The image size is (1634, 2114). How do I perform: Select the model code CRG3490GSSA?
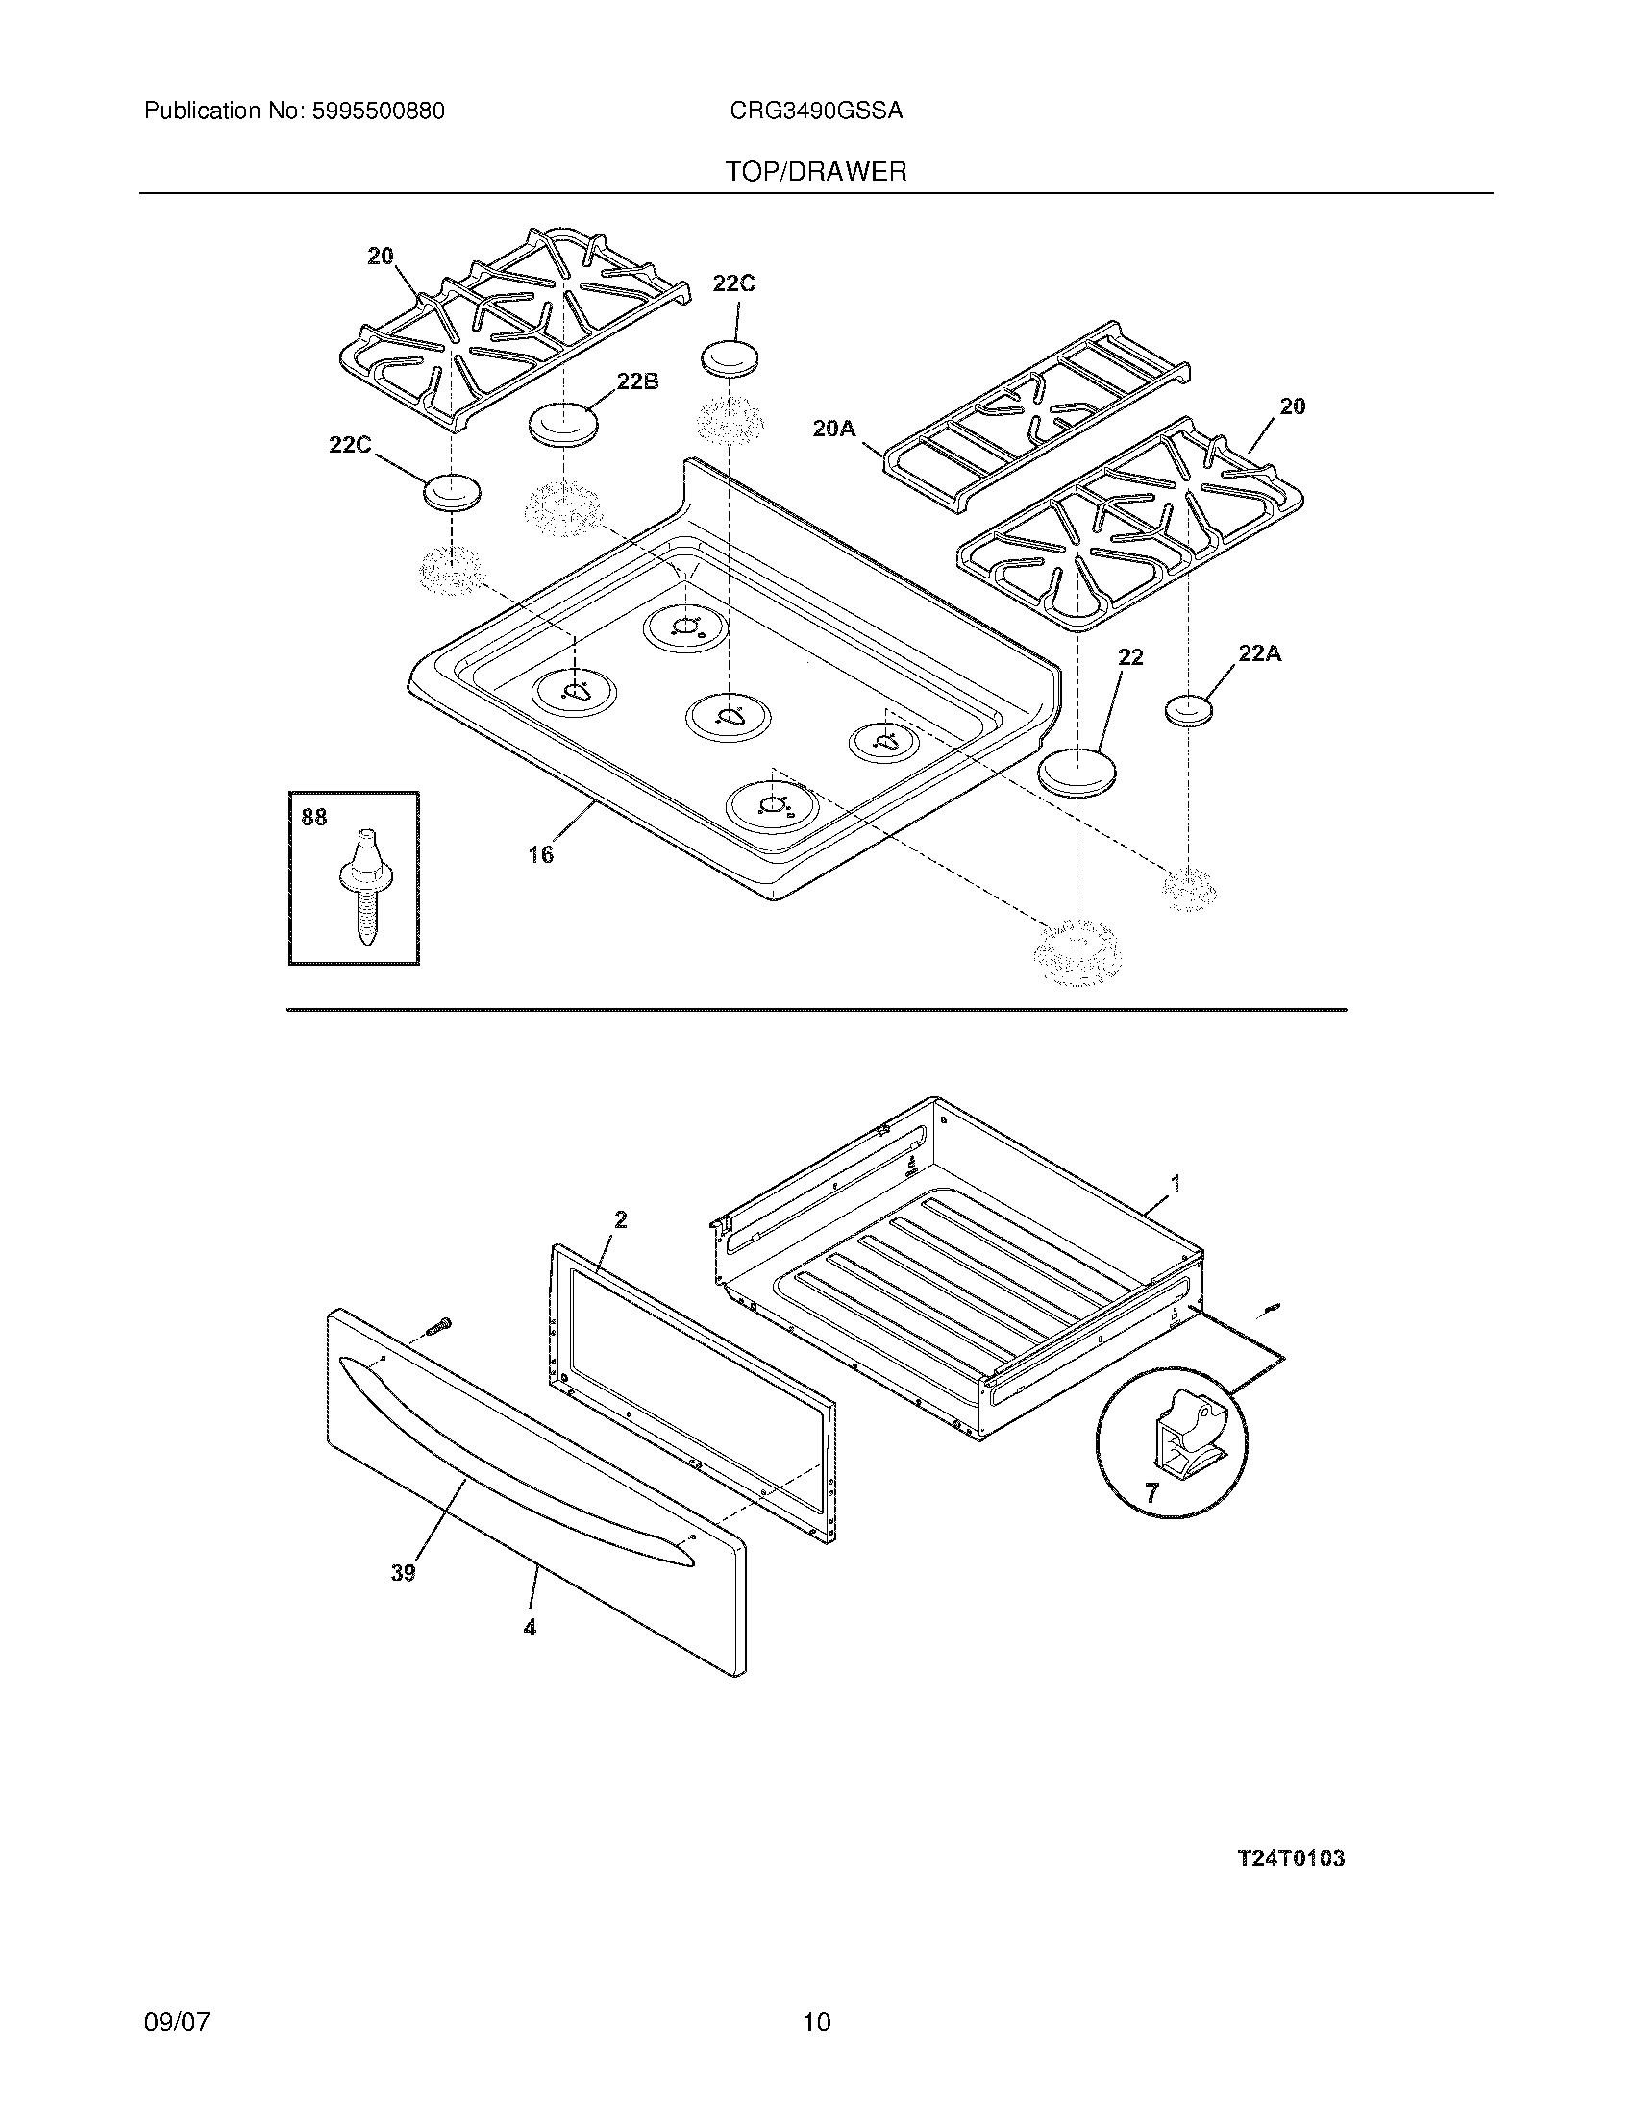(816, 111)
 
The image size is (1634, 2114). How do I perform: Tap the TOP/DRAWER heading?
(816, 172)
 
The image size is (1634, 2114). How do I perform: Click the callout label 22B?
(637, 381)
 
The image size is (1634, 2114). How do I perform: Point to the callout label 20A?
(833, 428)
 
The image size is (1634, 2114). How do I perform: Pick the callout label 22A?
(1259, 653)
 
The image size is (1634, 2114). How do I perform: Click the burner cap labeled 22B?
(562, 425)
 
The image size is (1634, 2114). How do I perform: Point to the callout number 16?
(541, 854)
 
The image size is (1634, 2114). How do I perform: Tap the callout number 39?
(403, 1573)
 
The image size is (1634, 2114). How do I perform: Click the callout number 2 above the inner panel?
(621, 1220)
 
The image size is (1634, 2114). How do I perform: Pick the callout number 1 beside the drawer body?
(1176, 1183)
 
